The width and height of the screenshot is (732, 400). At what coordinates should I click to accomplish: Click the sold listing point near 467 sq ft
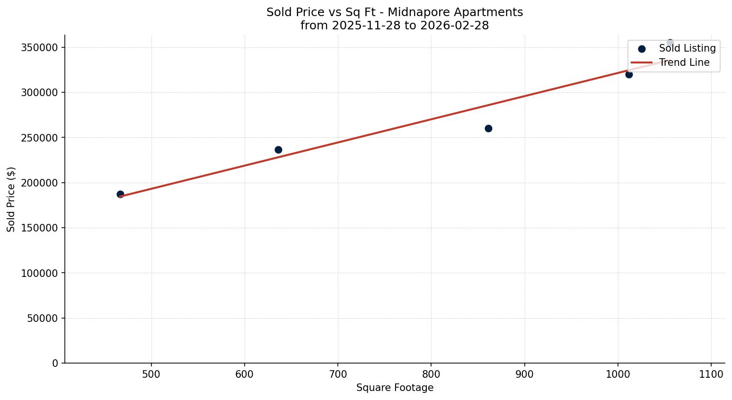tap(120, 194)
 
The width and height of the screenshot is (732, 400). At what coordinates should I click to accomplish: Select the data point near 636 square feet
tap(278, 150)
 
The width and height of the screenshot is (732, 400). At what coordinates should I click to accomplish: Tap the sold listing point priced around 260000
tap(488, 128)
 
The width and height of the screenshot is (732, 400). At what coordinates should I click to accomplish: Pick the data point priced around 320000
tap(629, 74)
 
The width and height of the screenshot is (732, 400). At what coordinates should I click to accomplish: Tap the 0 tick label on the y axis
tap(55, 363)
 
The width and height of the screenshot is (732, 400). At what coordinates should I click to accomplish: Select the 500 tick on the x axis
tap(151, 374)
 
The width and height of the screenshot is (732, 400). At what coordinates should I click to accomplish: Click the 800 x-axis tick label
tap(431, 374)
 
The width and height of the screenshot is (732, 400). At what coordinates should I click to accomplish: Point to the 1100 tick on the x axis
tap(711, 374)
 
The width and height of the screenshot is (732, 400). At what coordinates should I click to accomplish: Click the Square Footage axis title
tap(395, 388)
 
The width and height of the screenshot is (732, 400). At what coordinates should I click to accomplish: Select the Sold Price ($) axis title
tap(11, 199)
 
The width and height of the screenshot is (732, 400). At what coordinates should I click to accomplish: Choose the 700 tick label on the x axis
tap(338, 374)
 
